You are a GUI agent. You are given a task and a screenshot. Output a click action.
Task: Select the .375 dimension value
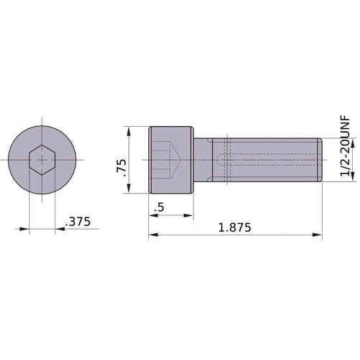pyautogui.click(x=78, y=222)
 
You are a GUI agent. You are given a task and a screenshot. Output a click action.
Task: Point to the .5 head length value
pyautogui.click(x=158, y=207)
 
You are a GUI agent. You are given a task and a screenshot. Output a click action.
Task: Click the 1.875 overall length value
pyautogui.click(x=234, y=228)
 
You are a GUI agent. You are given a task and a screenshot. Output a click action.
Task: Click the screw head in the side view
pyautogui.click(x=171, y=160)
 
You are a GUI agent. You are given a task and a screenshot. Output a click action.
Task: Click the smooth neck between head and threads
pyautogui.click(x=204, y=160)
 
